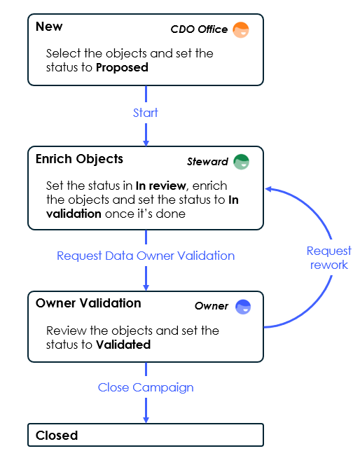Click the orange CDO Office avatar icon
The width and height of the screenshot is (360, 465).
(241, 30)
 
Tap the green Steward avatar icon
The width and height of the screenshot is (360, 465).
(241, 162)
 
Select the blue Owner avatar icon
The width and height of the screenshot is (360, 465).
(243, 307)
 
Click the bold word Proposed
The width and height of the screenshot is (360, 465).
(122, 68)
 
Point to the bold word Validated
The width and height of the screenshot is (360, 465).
(123, 345)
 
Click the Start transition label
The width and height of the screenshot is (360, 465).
(145, 113)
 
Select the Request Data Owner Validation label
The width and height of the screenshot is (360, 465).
(146, 256)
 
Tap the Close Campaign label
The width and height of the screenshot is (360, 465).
(146, 387)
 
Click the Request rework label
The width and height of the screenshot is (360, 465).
(329, 258)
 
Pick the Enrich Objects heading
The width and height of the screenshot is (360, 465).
(79, 159)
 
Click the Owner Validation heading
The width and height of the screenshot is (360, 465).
(88, 303)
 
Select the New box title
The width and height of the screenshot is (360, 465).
(49, 27)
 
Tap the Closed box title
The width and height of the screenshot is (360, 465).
(57, 436)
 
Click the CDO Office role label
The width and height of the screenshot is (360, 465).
(199, 29)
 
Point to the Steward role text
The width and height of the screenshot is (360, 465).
(207, 162)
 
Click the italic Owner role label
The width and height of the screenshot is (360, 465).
(212, 306)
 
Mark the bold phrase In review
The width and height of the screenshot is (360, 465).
(160, 186)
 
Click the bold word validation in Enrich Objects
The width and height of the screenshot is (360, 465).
(74, 214)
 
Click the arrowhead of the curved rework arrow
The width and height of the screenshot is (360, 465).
(268, 189)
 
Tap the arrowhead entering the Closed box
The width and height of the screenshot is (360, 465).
(146, 420)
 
